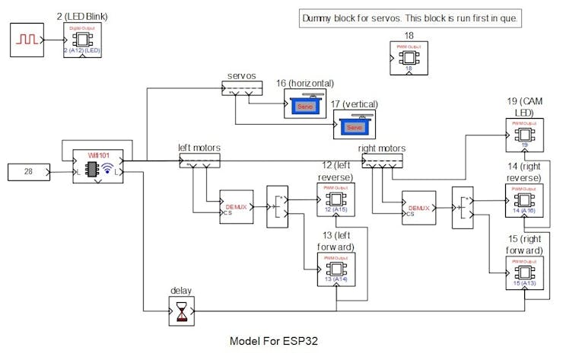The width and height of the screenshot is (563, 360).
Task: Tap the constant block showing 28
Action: click(x=28, y=172)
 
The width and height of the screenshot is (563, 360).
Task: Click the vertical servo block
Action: click(x=355, y=125)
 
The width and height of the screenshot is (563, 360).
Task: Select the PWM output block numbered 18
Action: click(x=409, y=58)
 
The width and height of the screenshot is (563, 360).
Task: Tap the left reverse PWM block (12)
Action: click(x=336, y=199)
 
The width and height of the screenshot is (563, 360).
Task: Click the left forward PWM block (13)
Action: click(x=336, y=269)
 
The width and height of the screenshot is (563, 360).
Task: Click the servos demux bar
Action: click(x=240, y=89)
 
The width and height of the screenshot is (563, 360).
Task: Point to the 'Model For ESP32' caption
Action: click(x=273, y=342)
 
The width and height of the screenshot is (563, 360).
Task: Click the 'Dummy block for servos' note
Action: click(x=410, y=18)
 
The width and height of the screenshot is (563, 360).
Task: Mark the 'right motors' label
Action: click(x=381, y=148)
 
